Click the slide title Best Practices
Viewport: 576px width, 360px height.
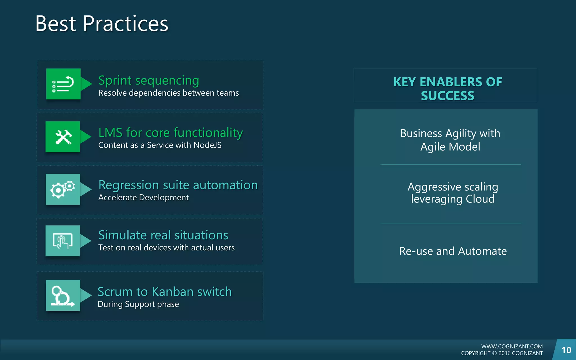102,24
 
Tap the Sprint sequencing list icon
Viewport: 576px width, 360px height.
63,84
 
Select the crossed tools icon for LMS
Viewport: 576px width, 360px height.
63,137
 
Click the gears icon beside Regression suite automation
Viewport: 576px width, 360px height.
63,189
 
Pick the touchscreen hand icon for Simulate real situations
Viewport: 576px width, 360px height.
63,241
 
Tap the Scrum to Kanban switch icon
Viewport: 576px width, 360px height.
63,295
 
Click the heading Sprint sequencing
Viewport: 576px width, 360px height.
148,81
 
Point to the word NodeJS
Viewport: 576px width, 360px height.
207,145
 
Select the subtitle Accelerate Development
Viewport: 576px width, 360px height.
143,197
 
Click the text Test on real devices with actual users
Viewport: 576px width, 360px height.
166,247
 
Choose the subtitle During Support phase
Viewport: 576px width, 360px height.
138,304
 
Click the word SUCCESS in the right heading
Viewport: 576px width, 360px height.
447,96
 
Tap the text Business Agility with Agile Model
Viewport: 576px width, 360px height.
450,140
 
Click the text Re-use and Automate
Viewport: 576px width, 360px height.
453,251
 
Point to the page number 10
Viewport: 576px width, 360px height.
566,350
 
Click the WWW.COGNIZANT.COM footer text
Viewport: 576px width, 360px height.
512,346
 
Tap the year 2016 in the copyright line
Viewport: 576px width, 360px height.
504,353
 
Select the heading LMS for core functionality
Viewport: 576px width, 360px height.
170,133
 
